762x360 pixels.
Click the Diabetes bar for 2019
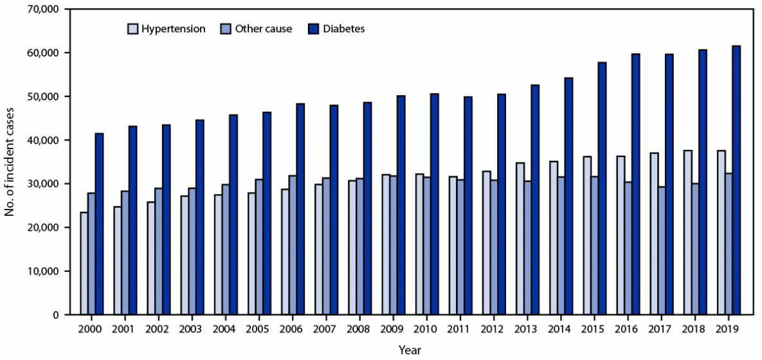click(x=736, y=180)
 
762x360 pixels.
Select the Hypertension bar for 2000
click(x=84, y=264)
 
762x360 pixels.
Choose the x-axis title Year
click(x=409, y=350)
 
